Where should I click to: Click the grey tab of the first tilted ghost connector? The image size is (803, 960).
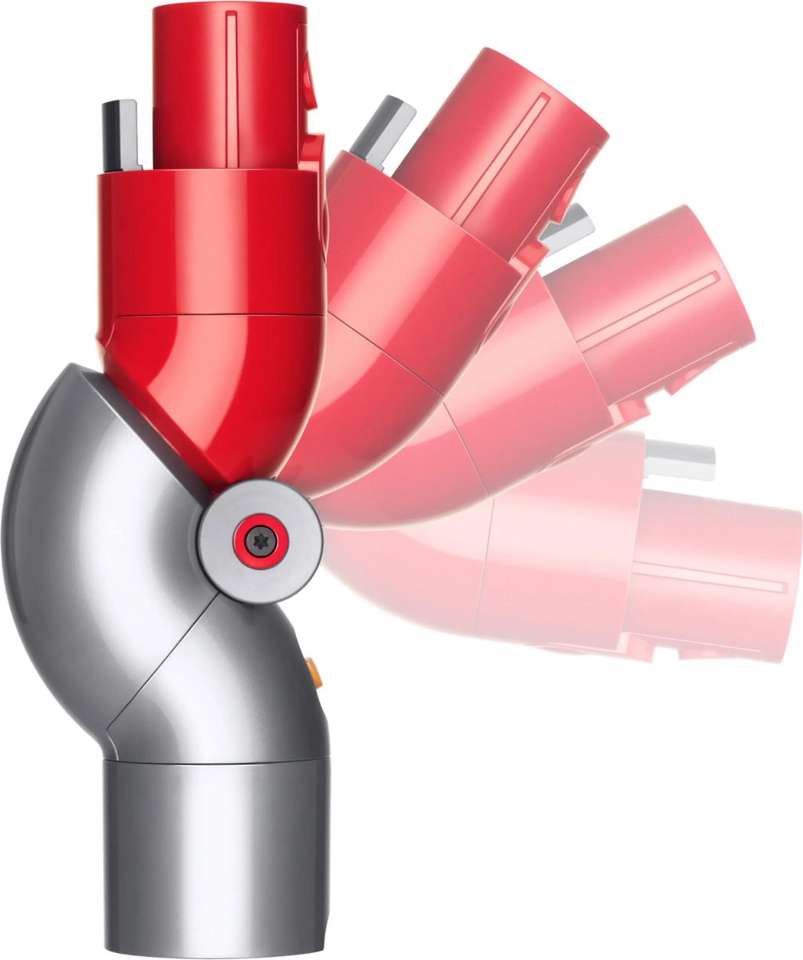(383, 133)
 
